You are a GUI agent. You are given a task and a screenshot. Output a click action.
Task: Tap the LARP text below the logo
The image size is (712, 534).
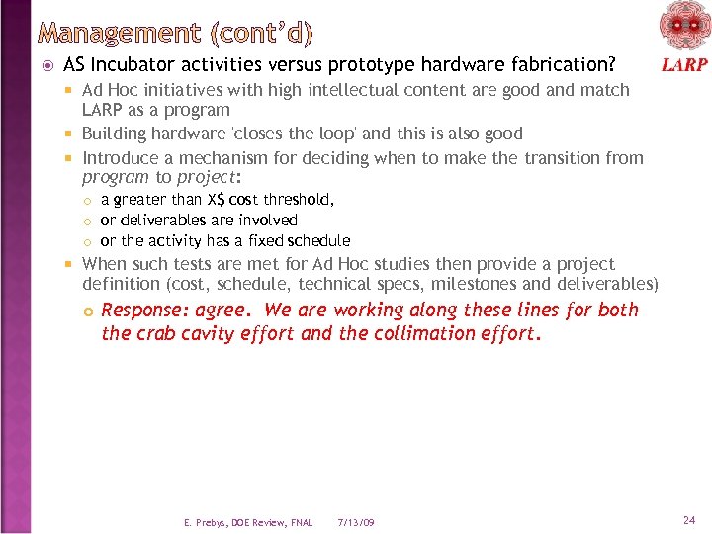684,66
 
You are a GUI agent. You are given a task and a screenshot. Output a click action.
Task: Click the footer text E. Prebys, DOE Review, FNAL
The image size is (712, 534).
248,522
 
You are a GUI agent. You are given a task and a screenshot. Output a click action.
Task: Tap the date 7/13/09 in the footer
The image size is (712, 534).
356,522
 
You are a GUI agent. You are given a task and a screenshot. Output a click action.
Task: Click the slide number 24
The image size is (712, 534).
688,519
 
